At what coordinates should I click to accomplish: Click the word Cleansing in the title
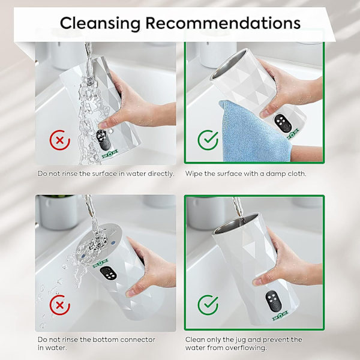100,23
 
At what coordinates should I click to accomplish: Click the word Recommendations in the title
223,23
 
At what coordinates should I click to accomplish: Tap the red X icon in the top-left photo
60,140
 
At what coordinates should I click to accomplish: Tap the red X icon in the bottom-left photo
60,305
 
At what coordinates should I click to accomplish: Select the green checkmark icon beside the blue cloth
208,140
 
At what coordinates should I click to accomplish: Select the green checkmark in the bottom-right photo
208,305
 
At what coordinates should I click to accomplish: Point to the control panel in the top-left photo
103,140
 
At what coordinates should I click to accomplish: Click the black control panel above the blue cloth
283,123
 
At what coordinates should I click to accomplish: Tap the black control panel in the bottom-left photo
108,273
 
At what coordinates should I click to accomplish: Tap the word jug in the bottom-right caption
239,340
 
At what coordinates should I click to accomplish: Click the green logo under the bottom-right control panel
280,316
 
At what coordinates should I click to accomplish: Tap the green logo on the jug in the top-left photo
110,154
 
